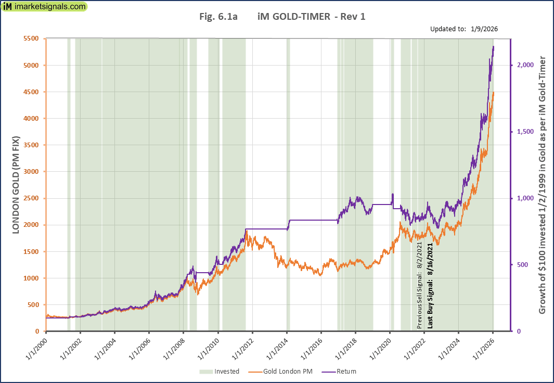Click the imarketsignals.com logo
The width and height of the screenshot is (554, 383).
(44, 7)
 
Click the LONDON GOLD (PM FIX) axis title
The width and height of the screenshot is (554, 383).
(16, 185)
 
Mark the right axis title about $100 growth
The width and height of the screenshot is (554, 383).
(542, 185)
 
